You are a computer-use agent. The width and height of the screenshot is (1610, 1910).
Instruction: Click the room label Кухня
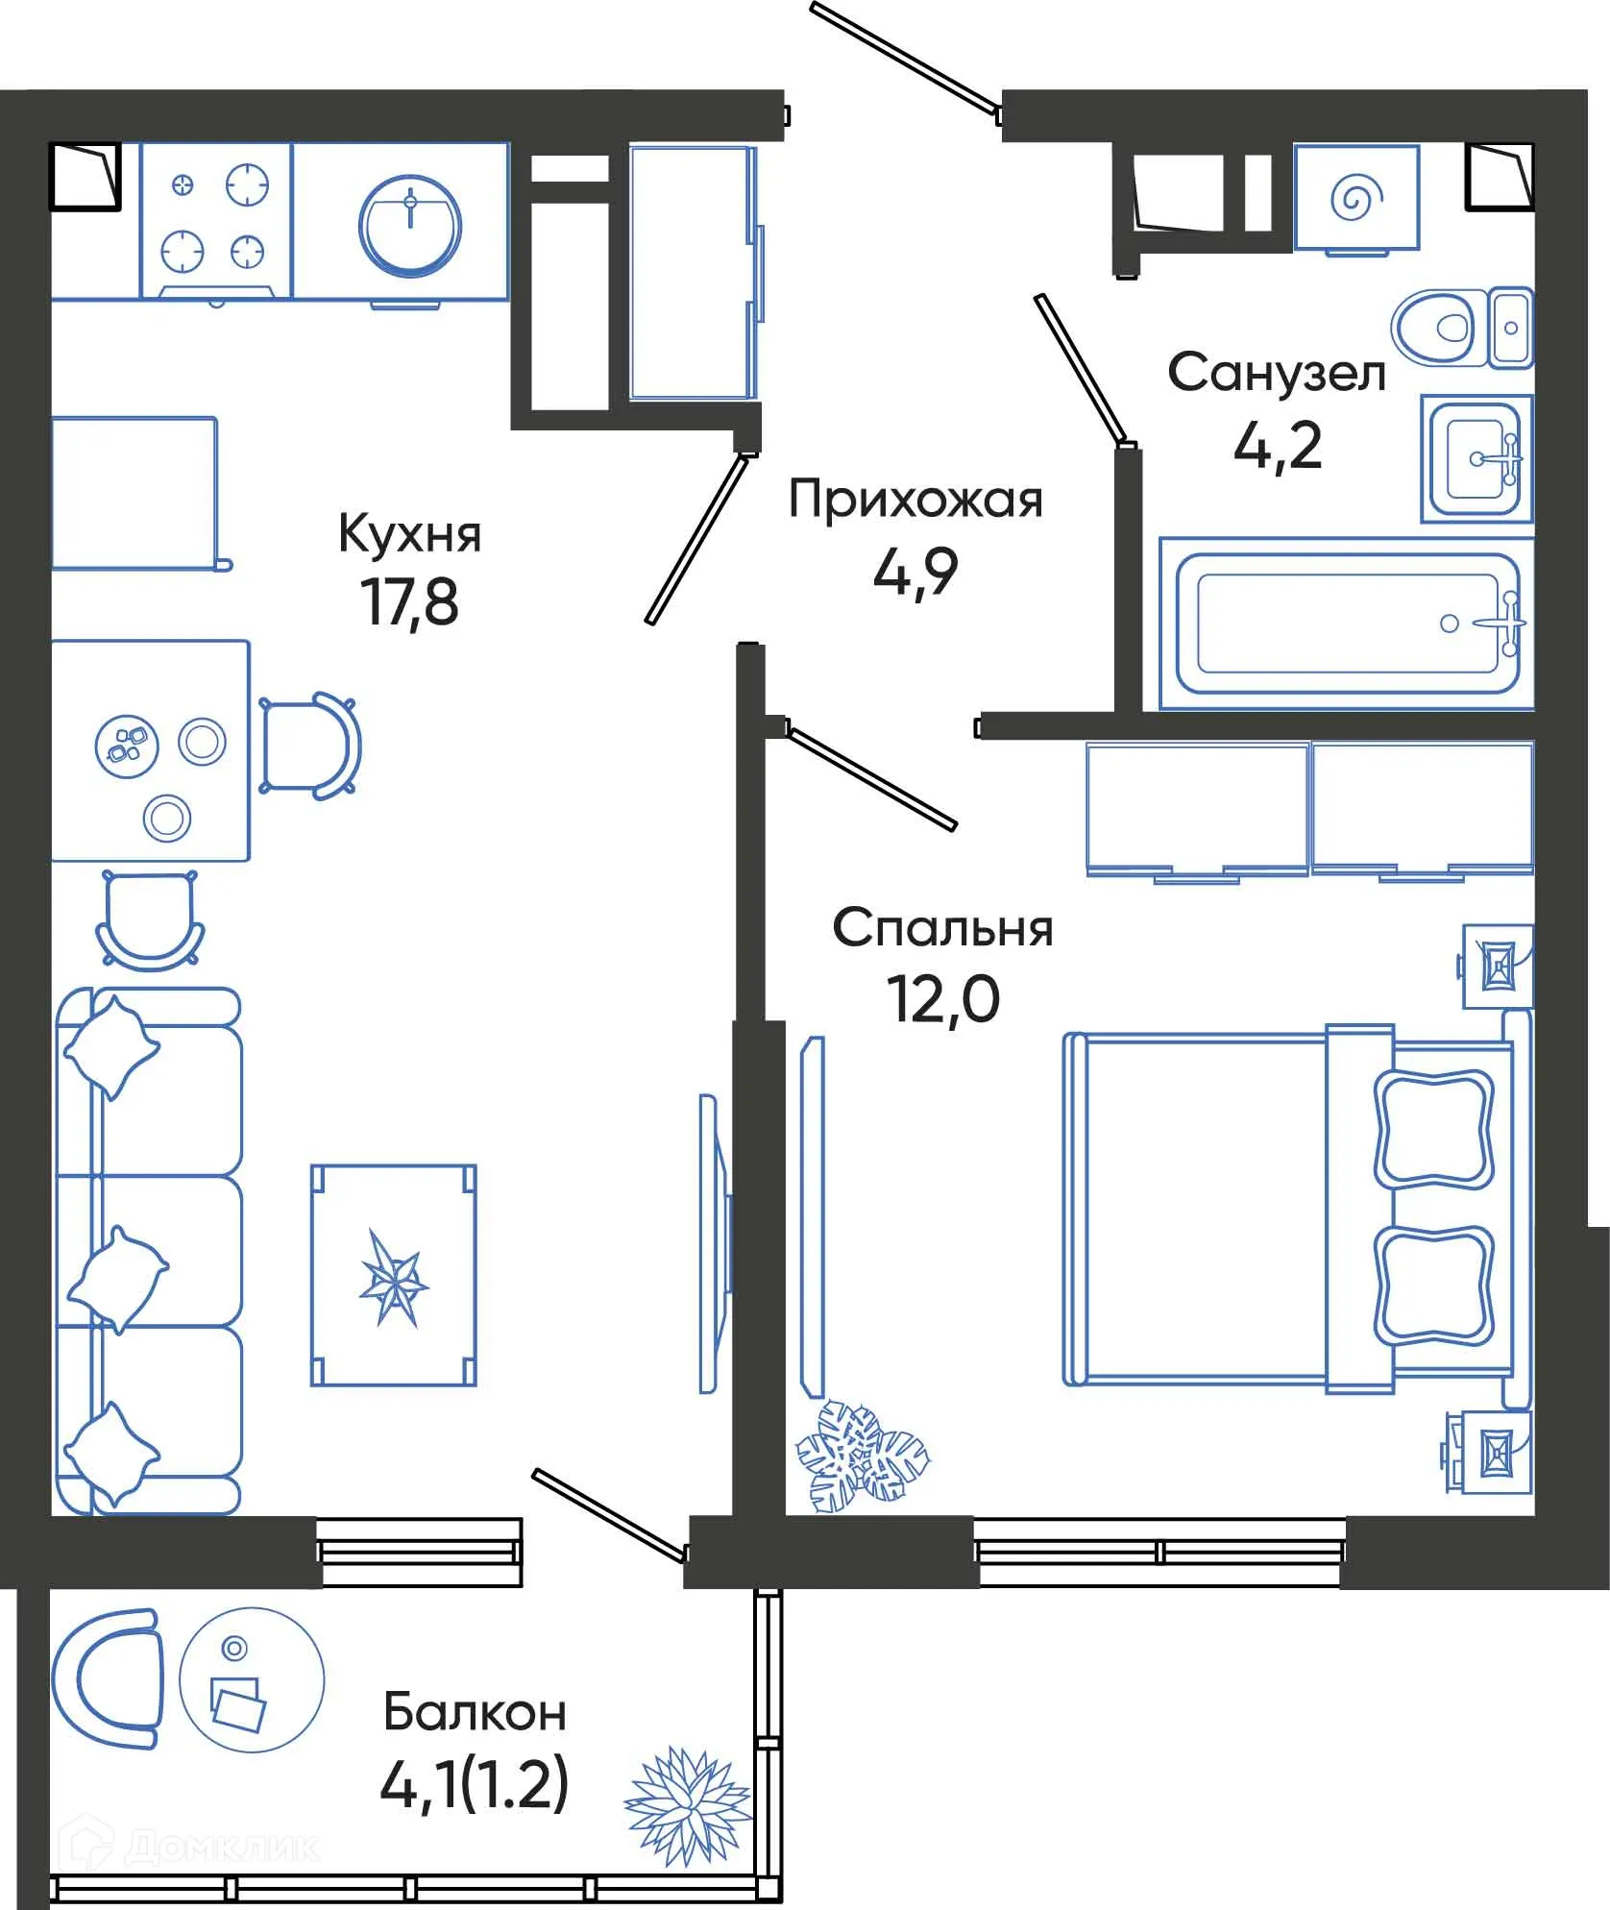click(x=409, y=535)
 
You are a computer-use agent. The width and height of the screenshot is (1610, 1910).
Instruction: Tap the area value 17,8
click(x=410, y=602)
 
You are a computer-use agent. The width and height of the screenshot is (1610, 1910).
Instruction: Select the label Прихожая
click(x=915, y=501)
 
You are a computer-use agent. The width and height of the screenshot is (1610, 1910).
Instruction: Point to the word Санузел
click(x=1276, y=373)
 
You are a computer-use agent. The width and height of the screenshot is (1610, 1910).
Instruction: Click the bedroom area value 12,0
click(x=942, y=999)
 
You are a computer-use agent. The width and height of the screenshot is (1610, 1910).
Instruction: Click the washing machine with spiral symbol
click(x=1355, y=198)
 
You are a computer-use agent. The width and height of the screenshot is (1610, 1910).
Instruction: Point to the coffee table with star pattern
click(x=393, y=1276)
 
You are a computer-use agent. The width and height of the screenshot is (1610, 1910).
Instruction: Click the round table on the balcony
click(x=252, y=1680)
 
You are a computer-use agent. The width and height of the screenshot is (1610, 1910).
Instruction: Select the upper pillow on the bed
click(x=1432, y=1128)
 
